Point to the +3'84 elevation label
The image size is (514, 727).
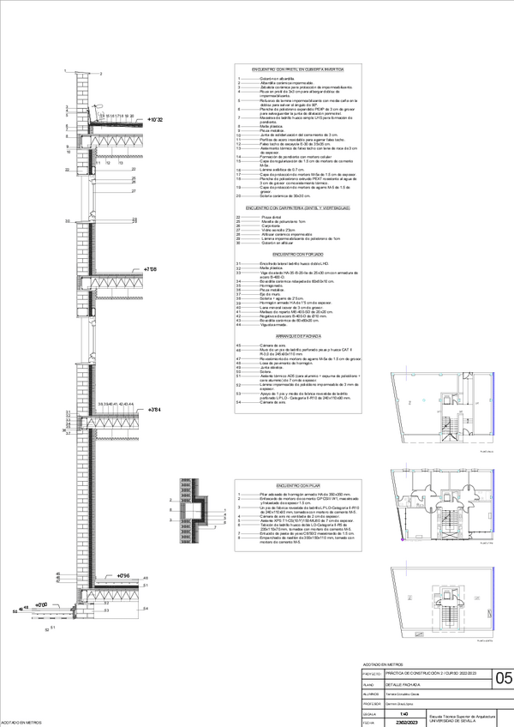154,410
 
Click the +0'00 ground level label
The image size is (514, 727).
40,604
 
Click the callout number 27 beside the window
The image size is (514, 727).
134,190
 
